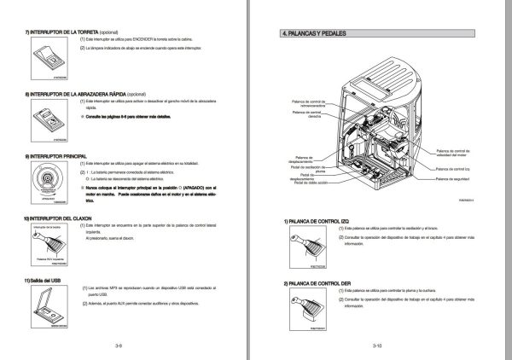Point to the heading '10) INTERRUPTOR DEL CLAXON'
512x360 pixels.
pyautogui.click(x=60, y=218)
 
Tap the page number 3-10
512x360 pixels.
pyautogui.click(x=378, y=346)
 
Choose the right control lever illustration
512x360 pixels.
pyautogui.click(x=316, y=308)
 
